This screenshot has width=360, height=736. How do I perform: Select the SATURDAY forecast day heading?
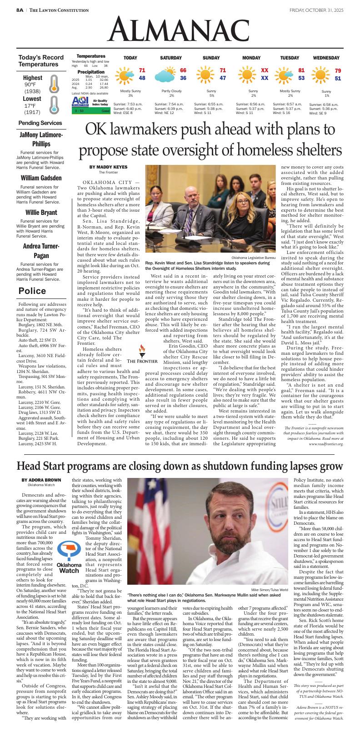pyautogui.click(x=170, y=58)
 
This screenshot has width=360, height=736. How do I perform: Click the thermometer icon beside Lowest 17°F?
pyautogui.click(x=54, y=104)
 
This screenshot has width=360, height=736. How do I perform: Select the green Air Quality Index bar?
pyautogui.click(x=91, y=111)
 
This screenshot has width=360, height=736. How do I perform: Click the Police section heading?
pyautogui.click(x=32, y=291)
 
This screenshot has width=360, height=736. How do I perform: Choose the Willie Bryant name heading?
pyautogui.click(x=41, y=213)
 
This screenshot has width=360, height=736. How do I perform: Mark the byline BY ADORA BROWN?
pyautogui.click(x=41, y=480)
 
